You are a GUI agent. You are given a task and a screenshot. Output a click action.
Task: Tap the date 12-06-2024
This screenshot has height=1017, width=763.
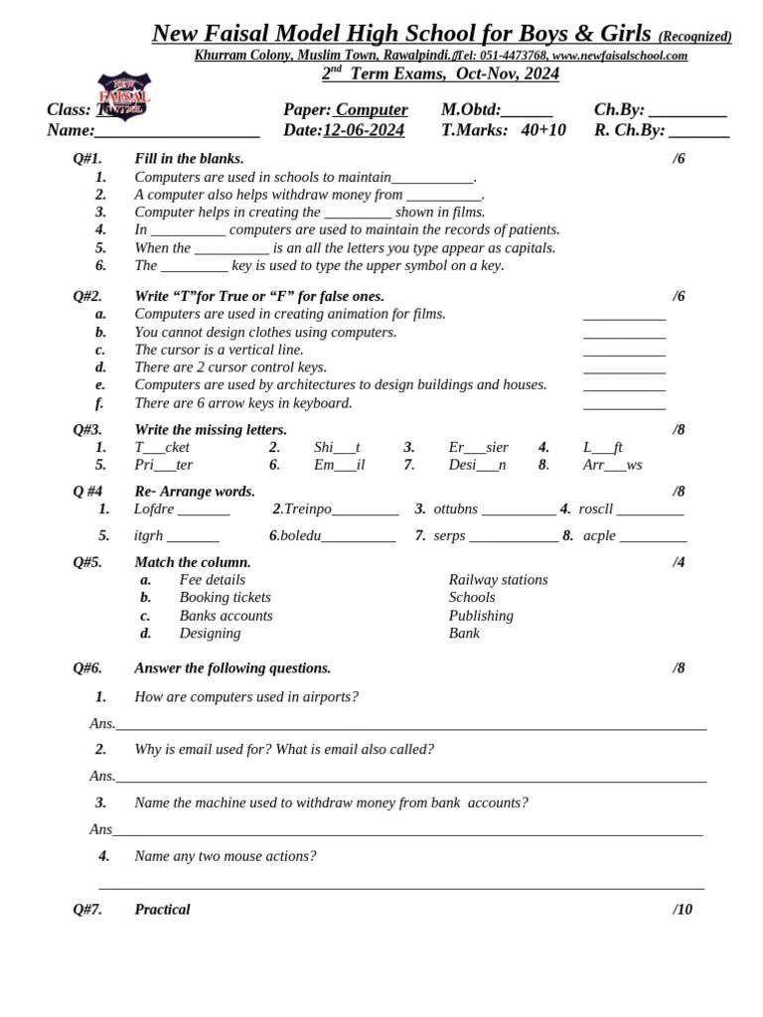(364, 130)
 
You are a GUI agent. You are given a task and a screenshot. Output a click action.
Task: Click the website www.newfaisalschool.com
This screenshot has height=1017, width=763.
(620, 56)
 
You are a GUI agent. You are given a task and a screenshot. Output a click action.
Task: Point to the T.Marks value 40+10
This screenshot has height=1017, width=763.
(543, 130)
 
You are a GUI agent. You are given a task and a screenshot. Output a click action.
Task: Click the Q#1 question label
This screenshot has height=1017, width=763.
(87, 158)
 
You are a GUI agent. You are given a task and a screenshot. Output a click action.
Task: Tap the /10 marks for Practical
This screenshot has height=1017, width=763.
(683, 909)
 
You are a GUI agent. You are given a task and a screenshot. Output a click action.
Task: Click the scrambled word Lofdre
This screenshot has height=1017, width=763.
(153, 508)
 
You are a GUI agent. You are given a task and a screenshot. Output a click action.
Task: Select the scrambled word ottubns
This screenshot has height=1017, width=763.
(456, 508)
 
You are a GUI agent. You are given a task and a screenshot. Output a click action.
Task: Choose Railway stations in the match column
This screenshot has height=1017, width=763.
(498, 580)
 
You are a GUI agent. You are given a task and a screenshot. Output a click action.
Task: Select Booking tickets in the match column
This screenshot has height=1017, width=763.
(225, 598)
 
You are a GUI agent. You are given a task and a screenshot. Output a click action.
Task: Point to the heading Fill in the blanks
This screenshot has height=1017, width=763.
(189, 158)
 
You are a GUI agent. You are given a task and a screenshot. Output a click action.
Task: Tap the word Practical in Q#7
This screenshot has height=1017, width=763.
(162, 909)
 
